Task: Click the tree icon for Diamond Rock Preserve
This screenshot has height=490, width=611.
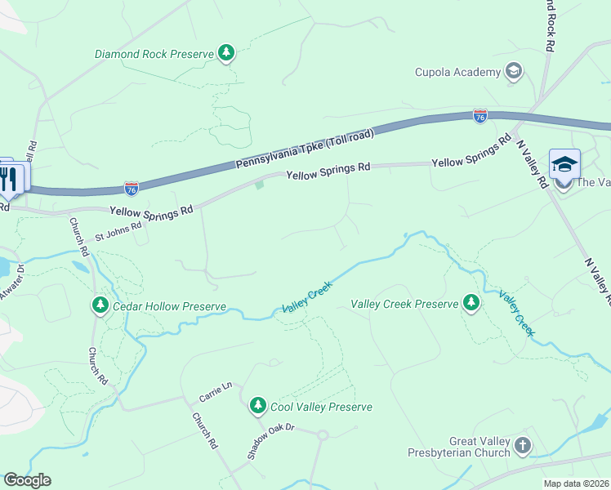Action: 226,54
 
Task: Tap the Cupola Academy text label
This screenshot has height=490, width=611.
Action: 457,72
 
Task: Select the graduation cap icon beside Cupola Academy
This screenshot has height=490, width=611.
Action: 514,72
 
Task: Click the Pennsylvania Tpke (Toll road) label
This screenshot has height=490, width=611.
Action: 305,149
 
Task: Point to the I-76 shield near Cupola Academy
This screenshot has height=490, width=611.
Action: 480,117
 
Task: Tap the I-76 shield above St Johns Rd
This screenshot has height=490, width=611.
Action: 132,189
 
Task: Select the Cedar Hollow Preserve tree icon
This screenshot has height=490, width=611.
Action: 100,305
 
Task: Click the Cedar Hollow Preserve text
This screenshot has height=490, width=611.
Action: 168,306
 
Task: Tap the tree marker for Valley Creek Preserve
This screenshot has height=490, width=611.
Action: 471,304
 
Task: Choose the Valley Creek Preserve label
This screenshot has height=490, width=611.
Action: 404,304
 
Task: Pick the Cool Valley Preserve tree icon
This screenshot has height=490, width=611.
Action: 258,406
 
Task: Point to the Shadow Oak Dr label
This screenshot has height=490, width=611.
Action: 270,441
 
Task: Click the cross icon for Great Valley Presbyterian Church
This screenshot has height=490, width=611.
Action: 522,446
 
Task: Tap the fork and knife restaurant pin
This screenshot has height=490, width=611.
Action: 9,178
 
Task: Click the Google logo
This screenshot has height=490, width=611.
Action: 27,480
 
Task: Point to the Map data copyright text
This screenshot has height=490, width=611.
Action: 576,483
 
